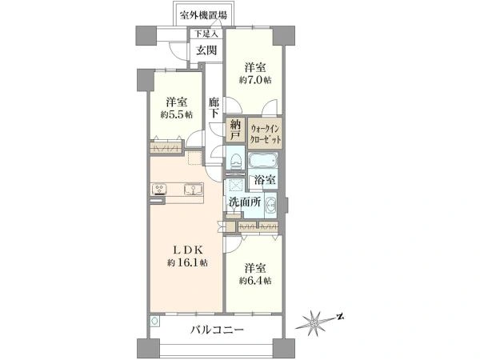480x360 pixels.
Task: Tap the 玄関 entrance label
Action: (x=206, y=50)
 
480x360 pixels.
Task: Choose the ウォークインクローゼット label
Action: (x=266, y=132)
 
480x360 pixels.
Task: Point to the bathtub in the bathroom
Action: (x=266, y=160)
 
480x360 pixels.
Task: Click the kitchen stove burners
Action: (x=159, y=190)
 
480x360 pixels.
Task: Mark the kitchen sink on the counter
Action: (x=193, y=190)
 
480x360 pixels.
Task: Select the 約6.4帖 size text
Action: (x=254, y=281)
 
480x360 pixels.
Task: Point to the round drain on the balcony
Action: (x=154, y=320)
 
